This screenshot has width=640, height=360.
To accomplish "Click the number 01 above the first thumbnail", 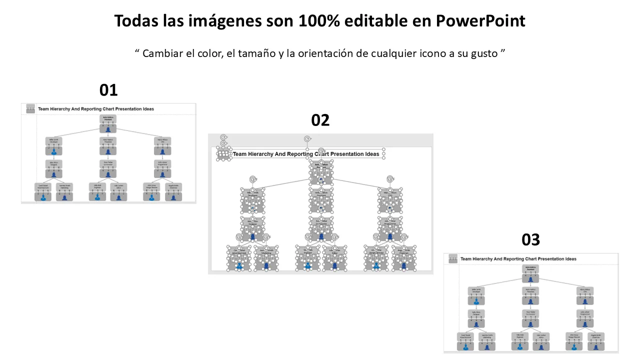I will pyautogui.click(x=108, y=90).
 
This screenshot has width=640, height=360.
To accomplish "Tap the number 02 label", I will pyautogui.click(x=320, y=120).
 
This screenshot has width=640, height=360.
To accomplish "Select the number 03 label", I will pyautogui.click(x=530, y=240).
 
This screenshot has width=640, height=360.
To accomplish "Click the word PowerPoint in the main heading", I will pyautogui.click(x=480, y=21).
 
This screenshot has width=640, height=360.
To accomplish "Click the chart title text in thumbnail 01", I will pyautogui.click(x=96, y=108).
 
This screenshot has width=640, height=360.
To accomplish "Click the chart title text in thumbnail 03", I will pyautogui.click(x=518, y=259).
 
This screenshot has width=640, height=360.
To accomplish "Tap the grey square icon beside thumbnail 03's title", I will pyautogui.click(x=453, y=259).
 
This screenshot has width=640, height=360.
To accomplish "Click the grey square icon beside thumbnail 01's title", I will pyautogui.click(x=30, y=108).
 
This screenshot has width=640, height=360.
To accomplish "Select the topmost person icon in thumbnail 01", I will pyautogui.click(x=108, y=129).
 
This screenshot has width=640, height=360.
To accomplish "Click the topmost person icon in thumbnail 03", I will pyautogui.click(x=530, y=279).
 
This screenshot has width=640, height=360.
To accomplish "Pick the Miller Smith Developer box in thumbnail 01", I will pyautogui.click(x=54, y=140).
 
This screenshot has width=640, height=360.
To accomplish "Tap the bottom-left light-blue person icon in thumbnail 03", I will pyautogui.click(x=465, y=346).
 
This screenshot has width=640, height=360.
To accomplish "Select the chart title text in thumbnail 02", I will pyautogui.click(x=306, y=154).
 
